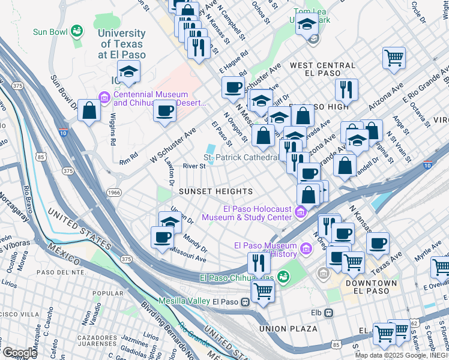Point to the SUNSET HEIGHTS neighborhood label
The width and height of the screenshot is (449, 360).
coord(215,191)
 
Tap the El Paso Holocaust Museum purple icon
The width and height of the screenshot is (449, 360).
coord(300,212)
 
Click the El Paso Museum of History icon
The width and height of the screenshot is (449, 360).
coord(306,248)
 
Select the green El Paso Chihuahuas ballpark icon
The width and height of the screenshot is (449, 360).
coord(282,277)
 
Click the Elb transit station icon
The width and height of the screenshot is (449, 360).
coord(328,313)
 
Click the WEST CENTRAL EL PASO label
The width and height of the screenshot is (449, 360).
coord(322,68)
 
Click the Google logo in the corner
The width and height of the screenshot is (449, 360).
coord(19,353)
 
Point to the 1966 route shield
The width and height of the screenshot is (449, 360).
coord(113,192)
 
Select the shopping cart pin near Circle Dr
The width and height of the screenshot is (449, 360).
coord(394,58)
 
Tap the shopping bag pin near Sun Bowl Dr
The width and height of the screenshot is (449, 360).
coord(89,110)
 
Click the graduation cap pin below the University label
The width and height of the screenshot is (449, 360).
coord(128,71)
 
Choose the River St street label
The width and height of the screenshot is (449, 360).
coord(194,166)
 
